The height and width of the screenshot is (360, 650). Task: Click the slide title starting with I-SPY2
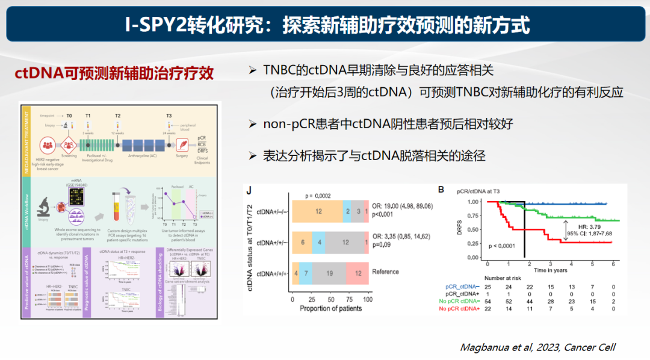[x=327, y=25]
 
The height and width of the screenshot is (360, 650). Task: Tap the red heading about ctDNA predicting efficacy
[x=114, y=73]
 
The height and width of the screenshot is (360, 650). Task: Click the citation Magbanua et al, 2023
[x=537, y=347]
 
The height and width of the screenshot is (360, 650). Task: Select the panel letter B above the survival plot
[x=441, y=190]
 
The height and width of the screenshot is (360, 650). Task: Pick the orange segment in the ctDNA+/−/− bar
[x=317, y=211]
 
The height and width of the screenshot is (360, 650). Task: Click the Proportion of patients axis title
[x=331, y=308]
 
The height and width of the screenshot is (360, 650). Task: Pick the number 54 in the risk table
[x=487, y=300]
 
